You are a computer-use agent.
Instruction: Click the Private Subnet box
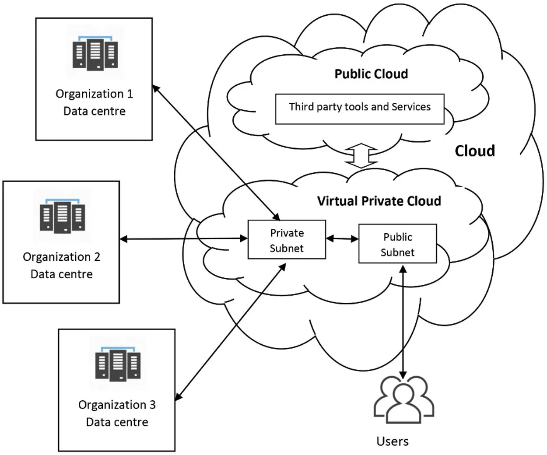click(x=287, y=240)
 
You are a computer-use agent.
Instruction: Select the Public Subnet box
click(x=397, y=244)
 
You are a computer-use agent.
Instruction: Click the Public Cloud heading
click(x=371, y=74)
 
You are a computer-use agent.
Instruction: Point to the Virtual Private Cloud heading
click(x=379, y=201)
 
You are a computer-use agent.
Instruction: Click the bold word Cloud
click(x=475, y=151)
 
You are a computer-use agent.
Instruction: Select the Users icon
click(x=403, y=399)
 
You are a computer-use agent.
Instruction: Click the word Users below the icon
click(x=393, y=441)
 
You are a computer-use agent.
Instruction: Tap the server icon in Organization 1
click(x=95, y=53)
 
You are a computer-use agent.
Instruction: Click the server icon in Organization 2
click(x=62, y=216)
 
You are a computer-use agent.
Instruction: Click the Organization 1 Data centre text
click(x=94, y=102)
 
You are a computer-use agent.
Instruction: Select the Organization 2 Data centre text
click(x=61, y=265)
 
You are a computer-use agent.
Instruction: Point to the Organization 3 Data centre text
click(x=117, y=413)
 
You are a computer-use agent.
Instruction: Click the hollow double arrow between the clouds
click(x=361, y=156)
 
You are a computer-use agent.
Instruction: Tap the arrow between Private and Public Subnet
click(x=342, y=238)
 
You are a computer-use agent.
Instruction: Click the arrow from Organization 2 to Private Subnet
click(x=184, y=238)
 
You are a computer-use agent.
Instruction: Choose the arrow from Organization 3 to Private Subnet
click(x=231, y=332)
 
